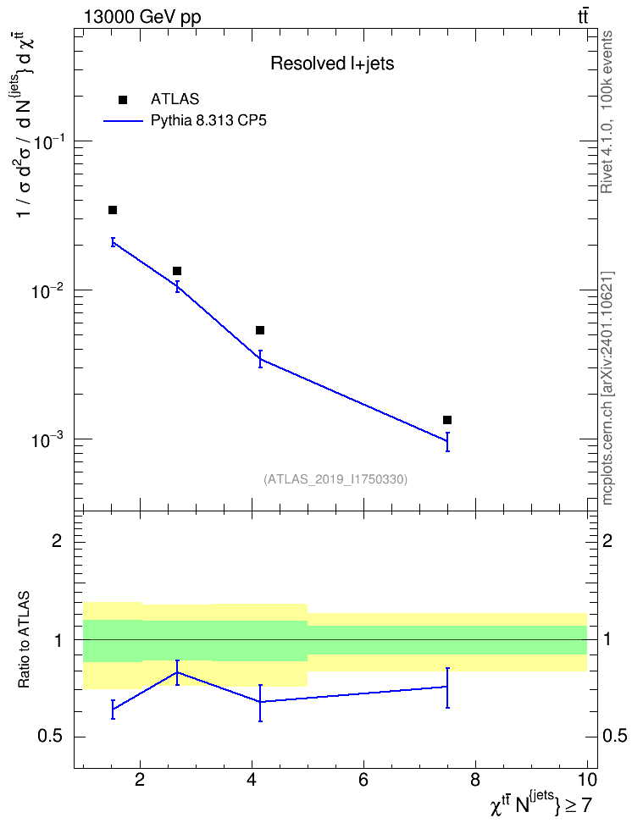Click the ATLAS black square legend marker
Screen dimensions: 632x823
click(x=123, y=100)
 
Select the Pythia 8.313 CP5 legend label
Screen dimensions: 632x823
click(x=208, y=121)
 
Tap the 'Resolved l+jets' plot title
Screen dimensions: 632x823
click(x=332, y=64)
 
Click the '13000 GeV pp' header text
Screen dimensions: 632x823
click(x=142, y=17)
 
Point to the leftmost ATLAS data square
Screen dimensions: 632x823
click(x=113, y=210)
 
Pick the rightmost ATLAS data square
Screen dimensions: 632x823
click(x=447, y=420)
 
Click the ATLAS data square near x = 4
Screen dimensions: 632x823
click(x=259, y=330)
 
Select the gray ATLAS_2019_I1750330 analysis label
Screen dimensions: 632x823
click(x=335, y=479)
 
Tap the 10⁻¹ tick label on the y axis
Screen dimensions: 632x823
click(x=48, y=141)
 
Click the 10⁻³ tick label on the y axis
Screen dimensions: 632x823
click(x=48, y=439)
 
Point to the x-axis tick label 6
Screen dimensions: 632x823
click(x=363, y=780)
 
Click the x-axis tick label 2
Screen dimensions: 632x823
click(x=140, y=780)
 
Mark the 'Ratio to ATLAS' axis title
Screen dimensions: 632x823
click(x=24, y=640)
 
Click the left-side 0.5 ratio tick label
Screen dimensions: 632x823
click(x=51, y=737)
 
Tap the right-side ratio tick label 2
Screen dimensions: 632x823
click(x=607, y=540)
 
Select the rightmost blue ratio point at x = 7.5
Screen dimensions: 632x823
click(x=447, y=687)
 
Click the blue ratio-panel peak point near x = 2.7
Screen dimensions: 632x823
click(x=177, y=672)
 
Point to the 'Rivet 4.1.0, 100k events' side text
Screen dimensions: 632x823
click(x=607, y=112)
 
